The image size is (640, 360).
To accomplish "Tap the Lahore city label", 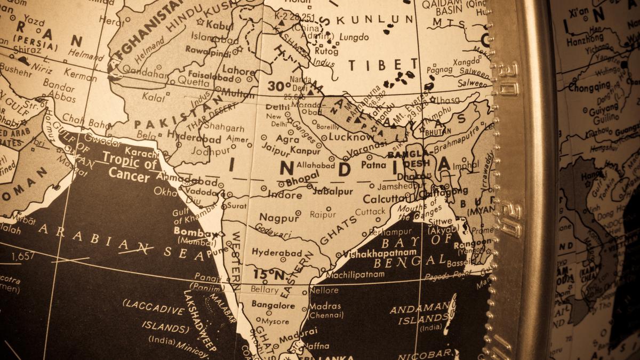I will click(x=238, y=70).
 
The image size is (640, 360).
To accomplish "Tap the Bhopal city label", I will click(x=302, y=179).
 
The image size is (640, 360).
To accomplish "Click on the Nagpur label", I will click(x=279, y=218).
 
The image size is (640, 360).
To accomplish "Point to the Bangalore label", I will click(x=273, y=306).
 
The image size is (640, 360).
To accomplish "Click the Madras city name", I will click(x=325, y=306).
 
